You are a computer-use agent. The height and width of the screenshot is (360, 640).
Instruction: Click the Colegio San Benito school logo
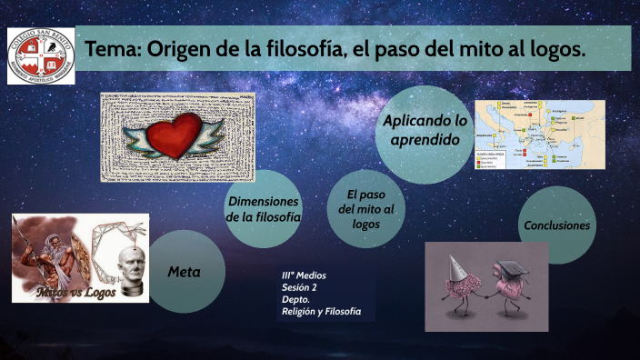click(41, 56)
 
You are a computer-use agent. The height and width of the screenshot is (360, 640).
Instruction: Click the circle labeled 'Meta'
click(184, 272)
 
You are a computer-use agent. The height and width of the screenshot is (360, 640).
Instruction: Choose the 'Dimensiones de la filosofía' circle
click(264, 209)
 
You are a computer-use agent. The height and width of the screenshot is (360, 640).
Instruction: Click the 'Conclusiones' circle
click(556, 225)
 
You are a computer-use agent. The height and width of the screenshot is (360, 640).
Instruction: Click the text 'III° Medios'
click(304, 275)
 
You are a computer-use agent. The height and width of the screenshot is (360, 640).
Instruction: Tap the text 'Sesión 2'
click(300, 287)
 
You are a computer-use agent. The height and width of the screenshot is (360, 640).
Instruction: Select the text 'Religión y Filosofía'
click(321, 312)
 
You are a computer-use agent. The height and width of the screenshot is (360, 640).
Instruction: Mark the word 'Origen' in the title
click(178, 50)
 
